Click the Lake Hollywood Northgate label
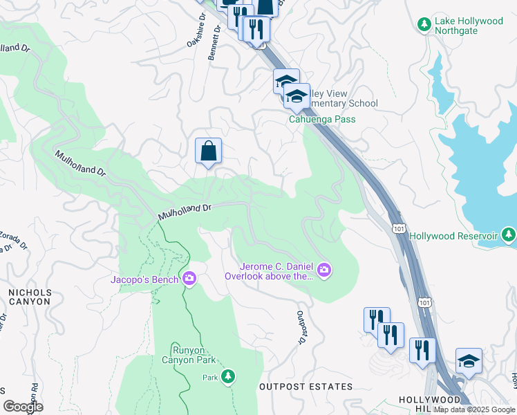pos(469,26)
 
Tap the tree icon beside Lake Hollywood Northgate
pos(424,26)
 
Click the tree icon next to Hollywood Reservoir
pos(509,236)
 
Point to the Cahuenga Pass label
pos(321,119)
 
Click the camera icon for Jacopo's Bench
pos(189,279)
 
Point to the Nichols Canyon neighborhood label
pos(29,297)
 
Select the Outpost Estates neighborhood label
pos(305,387)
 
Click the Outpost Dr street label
pos(302,327)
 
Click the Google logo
pos(23,406)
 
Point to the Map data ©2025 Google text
pos(473,409)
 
